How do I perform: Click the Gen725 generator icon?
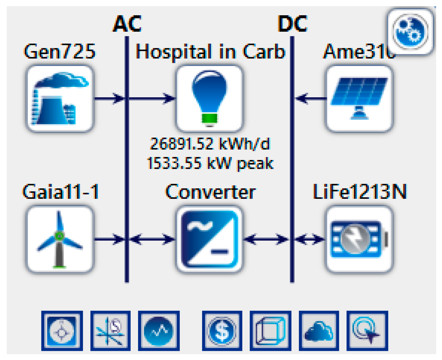click(60, 98)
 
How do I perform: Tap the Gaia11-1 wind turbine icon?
click(60, 239)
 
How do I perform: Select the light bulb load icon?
click(209, 98)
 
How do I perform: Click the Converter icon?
click(209, 239)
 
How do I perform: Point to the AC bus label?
click(127, 23)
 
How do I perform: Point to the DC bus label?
click(293, 23)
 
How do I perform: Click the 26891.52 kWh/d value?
click(210, 144)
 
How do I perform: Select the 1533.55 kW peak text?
click(210, 163)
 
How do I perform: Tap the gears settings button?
click(410, 31)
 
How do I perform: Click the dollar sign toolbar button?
click(222, 331)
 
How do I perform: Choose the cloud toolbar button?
click(319, 331)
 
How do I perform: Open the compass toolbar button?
click(62, 331)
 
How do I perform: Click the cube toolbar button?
click(270, 331)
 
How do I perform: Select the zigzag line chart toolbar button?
click(159, 331)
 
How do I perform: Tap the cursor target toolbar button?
click(367, 331)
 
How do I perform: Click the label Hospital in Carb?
click(210, 52)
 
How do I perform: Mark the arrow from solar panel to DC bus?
click(310, 98)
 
